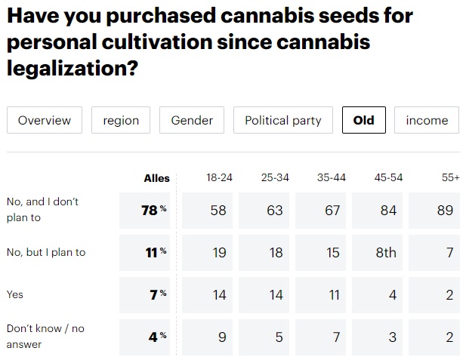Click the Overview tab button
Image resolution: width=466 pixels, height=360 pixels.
click(45, 120)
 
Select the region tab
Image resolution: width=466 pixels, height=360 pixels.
click(121, 120)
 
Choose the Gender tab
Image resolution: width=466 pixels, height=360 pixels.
click(192, 120)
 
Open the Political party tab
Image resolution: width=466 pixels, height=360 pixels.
click(283, 120)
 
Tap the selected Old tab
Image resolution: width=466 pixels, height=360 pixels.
click(363, 120)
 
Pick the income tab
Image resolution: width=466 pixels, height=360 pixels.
click(427, 120)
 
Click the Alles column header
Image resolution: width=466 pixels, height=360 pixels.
click(157, 178)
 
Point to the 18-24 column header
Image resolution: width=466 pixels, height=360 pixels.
click(219, 177)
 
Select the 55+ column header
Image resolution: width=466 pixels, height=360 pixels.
click(451, 177)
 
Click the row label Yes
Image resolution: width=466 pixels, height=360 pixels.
click(14, 294)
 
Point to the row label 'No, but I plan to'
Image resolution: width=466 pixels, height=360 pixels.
click(45, 252)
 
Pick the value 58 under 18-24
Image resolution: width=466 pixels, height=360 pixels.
click(219, 211)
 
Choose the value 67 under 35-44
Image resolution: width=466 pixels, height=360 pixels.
click(332, 211)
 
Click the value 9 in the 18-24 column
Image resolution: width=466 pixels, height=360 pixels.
click(222, 337)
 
